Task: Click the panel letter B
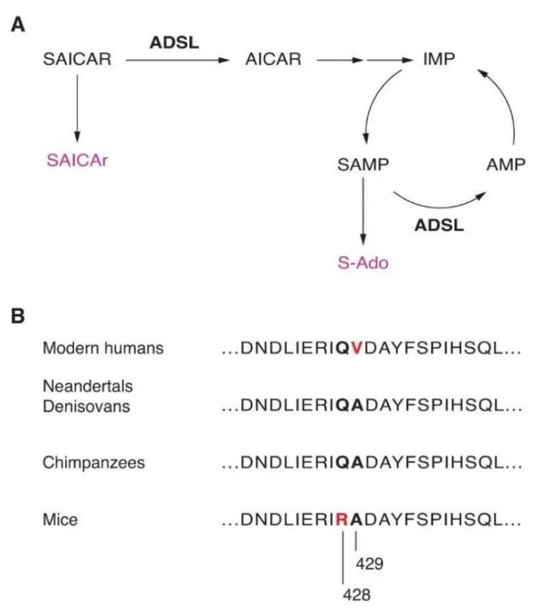pos(19,316)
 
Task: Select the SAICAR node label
pos(77,60)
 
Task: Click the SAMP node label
pos(361,165)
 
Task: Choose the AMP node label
pos(506,165)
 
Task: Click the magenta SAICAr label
pos(76,160)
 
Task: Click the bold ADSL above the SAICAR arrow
pos(174,42)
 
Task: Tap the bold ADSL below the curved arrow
pos(439,225)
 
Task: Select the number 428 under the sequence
pos(357,595)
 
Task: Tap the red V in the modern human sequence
pos(356,349)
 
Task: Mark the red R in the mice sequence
pos(342,520)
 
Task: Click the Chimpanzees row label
pos(93,463)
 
